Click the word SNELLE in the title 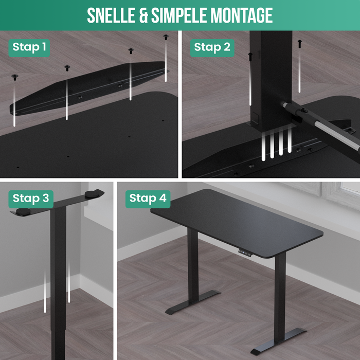[112, 15]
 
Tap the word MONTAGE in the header [242, 15]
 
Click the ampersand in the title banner [143, 15]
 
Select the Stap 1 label [29, 48]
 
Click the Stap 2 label [212, 48]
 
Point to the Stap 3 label [31, 199]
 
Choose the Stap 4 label [148, 199]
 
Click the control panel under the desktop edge [245, 253]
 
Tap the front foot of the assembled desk [278, 341]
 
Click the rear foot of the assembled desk [193, 302]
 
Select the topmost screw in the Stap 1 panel [166, 37]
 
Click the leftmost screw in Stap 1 [15, 77]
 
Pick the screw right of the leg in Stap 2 [300, 44]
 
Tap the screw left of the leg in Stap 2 [250, 57]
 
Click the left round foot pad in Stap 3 [23, 212]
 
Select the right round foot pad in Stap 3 [92, 194]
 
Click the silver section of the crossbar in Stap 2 [336, 136]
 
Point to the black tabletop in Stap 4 [237, 223]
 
